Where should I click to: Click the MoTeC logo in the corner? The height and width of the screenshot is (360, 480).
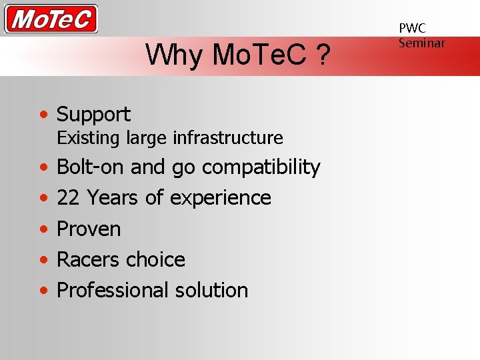coord(51,19)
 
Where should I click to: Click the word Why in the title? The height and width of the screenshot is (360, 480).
coord(175,55)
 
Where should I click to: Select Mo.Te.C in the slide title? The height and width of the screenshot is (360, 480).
coord(259,55)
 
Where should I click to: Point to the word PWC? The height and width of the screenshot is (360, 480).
coord(412,28)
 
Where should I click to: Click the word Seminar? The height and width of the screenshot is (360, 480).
coord(421,43)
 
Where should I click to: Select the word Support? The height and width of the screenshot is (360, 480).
coord(93,115)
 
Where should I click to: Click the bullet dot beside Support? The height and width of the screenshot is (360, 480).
coord(43,115)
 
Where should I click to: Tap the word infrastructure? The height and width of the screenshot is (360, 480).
coord(228,138)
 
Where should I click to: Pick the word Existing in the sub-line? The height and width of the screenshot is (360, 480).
coord(88,138)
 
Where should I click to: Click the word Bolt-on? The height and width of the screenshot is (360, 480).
coord(91,167)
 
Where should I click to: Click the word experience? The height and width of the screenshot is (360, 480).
coord(220,199)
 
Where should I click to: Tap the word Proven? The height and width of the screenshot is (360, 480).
coord(89,229)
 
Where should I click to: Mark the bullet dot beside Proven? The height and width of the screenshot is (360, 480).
coord(43,229)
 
